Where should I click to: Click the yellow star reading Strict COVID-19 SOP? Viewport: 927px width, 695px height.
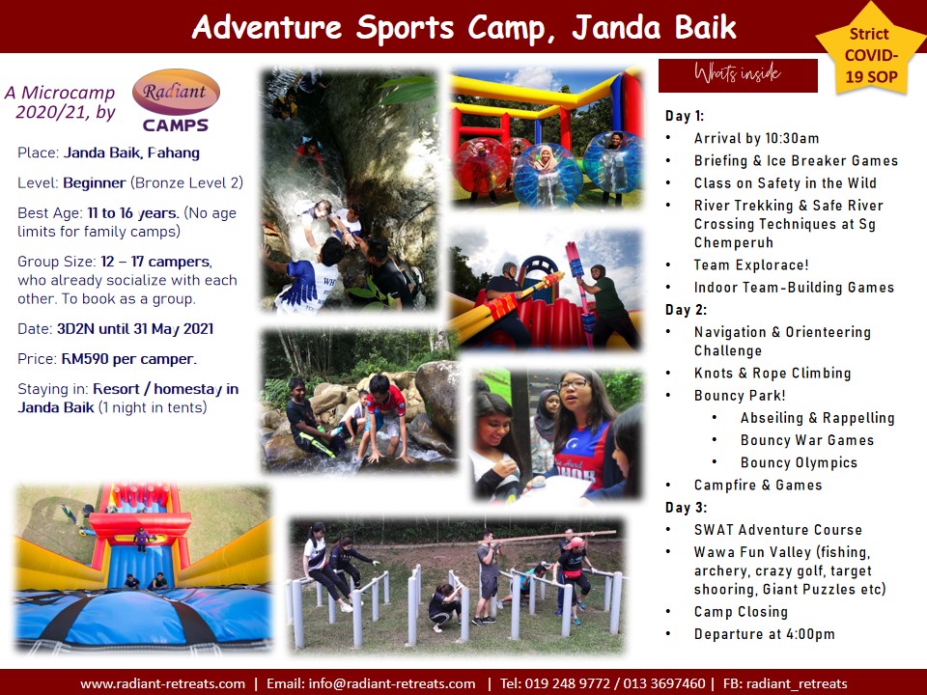pos(870,54)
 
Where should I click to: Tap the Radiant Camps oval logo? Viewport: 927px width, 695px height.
pos(176,93)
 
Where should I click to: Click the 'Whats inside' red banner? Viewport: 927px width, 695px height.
pos(738,75)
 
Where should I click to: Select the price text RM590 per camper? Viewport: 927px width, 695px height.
pos(128,359)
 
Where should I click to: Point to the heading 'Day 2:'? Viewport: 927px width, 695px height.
pos(686,310)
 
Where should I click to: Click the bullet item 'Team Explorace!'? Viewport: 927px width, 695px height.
pos(751,264)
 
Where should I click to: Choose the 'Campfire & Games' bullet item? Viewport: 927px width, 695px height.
pos(758,486)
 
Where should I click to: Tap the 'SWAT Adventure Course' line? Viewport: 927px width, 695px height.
pos(778,530)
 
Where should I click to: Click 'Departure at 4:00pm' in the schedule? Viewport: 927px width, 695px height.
pos(765,634)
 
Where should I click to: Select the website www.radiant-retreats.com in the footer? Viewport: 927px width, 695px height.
pos(162,683)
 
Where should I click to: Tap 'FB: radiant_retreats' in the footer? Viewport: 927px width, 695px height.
pos(784,683)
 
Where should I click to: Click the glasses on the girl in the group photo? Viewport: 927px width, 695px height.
pos(573,384)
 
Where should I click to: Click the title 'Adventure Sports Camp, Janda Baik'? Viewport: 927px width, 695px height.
pos(464,27)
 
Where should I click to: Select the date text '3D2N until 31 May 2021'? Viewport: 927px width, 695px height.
pos(135,329)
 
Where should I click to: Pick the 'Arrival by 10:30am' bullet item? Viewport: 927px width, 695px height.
pos(757,138)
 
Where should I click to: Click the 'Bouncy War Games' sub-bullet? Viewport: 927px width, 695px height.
pos(807,440)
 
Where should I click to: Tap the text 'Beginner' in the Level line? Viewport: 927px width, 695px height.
pos(95,183)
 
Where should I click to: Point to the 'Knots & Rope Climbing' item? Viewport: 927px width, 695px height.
pos(772,374)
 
